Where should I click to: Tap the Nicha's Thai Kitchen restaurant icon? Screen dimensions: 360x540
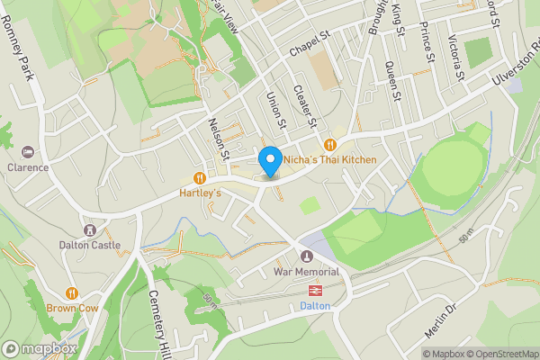click(x=330, y=144)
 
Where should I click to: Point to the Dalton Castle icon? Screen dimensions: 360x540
click(x=89, y=229)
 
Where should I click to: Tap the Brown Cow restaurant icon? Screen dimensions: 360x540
click(x=71, y=292)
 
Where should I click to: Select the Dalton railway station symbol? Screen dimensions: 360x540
click(x=316, y=291)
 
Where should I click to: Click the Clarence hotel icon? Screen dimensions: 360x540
click(x=28, y=150)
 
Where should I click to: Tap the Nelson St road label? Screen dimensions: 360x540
click(x=220, y=140)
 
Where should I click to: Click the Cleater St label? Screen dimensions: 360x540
click(x=306, y=104)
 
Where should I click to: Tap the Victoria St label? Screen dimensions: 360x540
click(x=456, y=57)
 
